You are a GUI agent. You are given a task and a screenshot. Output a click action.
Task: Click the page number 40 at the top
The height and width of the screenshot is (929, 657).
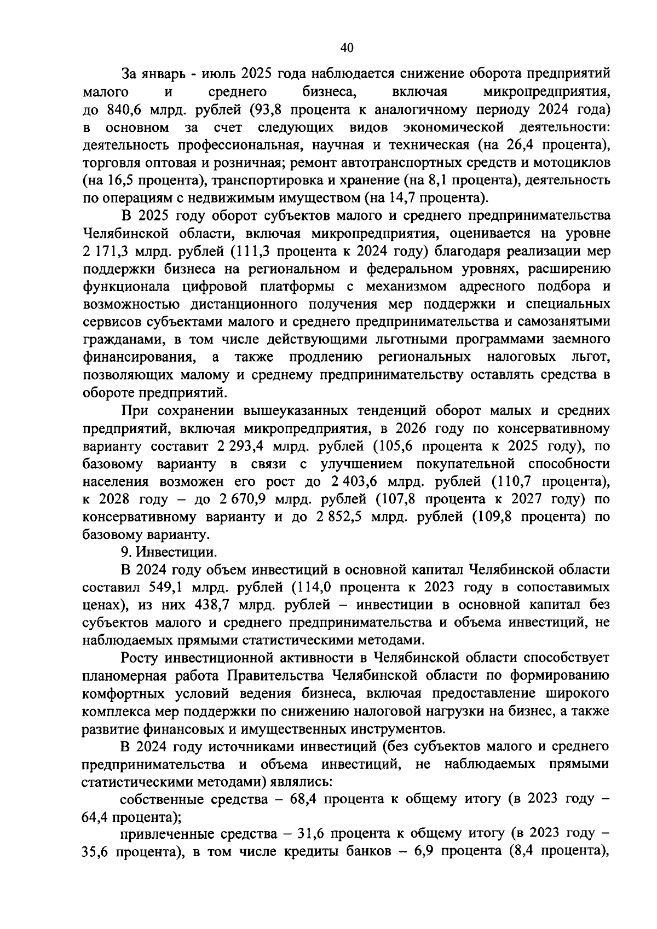[x=347, y=48]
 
